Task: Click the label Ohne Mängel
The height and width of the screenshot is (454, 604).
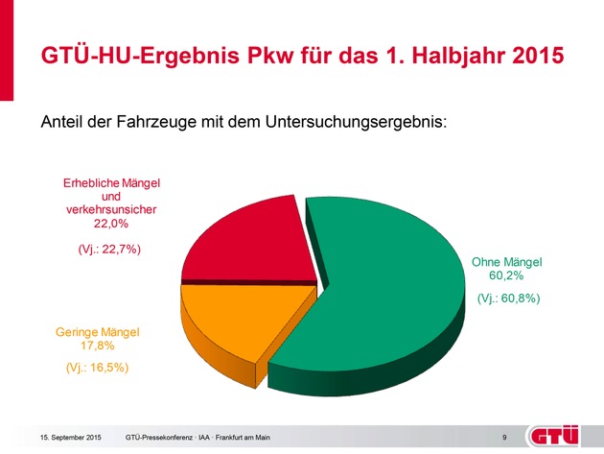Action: [x=507, y=261]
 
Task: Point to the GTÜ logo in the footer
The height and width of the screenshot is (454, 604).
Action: [x=559, y=437]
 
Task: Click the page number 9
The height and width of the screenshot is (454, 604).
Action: [x=504, y=439]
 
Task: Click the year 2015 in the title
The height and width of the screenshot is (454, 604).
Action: [x=526, y=55]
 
